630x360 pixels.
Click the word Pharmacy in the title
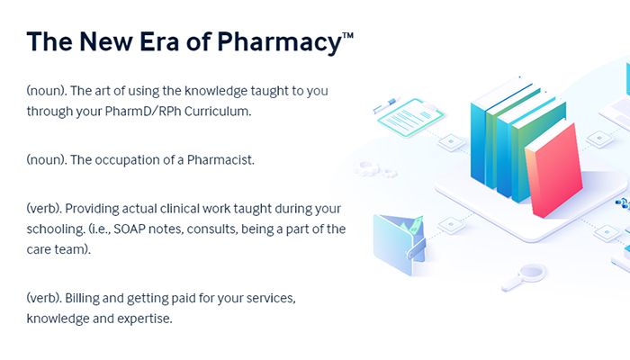click(x=279, y=42)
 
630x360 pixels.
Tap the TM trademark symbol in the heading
click(x=348, y=35)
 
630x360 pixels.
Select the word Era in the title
click(x=159, y=41)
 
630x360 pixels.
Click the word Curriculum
click(x=218, y=112)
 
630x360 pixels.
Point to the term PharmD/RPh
click(x=142, y=112)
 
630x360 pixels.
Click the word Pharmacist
click(x=220, y=160)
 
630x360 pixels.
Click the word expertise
click(x=145, y=319)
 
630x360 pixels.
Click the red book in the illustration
click(x=554, y=169)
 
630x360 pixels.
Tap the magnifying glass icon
click(x=525, y=277)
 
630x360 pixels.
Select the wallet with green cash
click(x=400, y=244)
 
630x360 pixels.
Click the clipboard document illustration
click(x=409, y=116)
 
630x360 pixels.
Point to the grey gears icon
click(x=375, y=169)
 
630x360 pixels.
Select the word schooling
click(x=56, y=229)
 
